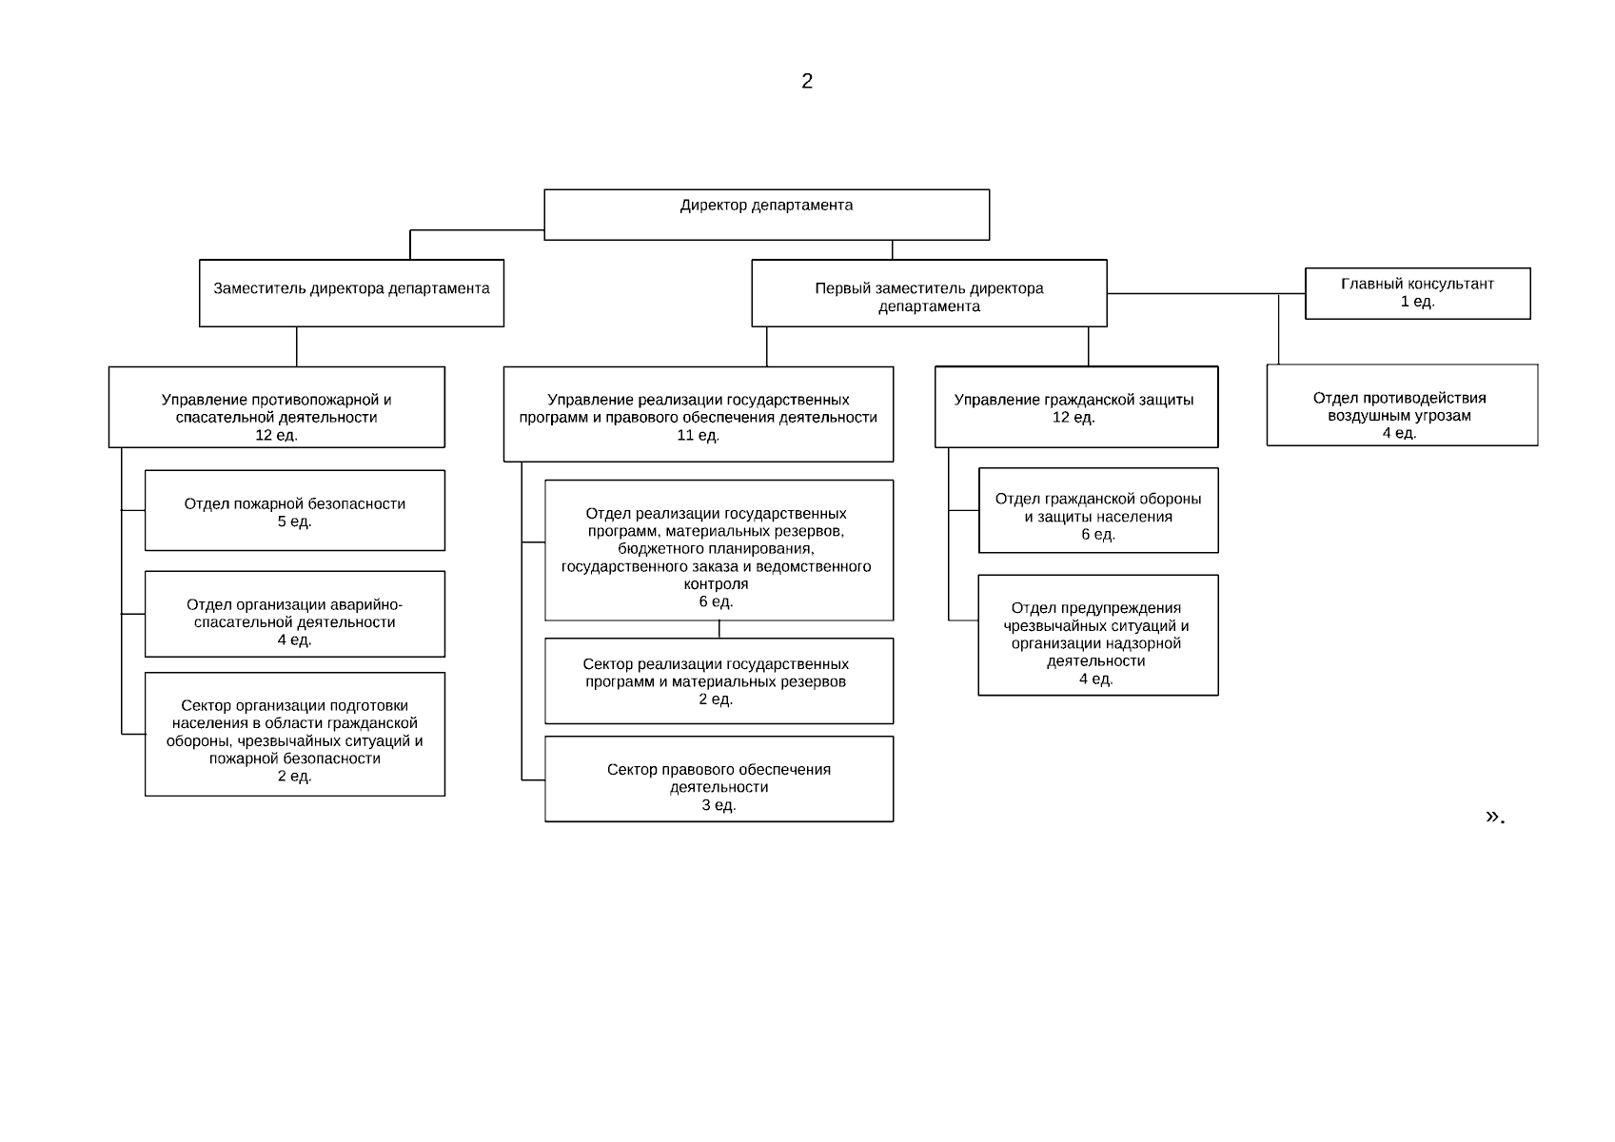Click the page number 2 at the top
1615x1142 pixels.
807,81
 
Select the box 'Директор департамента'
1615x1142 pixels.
766,215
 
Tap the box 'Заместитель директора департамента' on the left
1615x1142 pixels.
352,293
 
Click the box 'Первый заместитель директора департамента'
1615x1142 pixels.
930,293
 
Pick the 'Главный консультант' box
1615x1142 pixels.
1417,293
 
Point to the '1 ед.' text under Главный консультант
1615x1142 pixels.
1417,302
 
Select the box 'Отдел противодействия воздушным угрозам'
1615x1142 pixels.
1403,405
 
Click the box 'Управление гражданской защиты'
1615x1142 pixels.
1076,407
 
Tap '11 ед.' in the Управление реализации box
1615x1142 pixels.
698,436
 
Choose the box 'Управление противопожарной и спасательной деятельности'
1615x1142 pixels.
277,407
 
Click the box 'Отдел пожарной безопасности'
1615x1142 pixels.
295,510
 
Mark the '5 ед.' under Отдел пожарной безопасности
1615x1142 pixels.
295,522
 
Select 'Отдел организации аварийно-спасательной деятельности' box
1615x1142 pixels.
295,614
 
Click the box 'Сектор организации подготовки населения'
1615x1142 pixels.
295,735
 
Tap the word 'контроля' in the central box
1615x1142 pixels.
716,584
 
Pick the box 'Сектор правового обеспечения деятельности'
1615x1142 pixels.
719,778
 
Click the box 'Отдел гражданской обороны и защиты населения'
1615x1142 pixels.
1098,510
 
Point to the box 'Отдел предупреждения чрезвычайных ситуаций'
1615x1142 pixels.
1098,635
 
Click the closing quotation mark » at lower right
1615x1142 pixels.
1491,817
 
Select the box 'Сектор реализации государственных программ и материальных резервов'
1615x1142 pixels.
719,680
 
